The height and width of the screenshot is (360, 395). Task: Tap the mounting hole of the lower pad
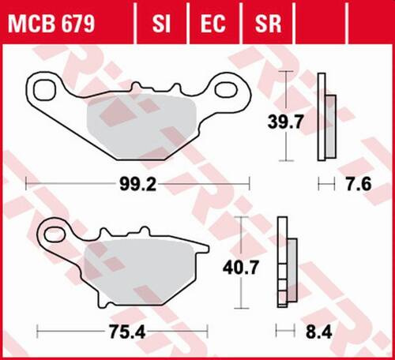click(57, 231)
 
